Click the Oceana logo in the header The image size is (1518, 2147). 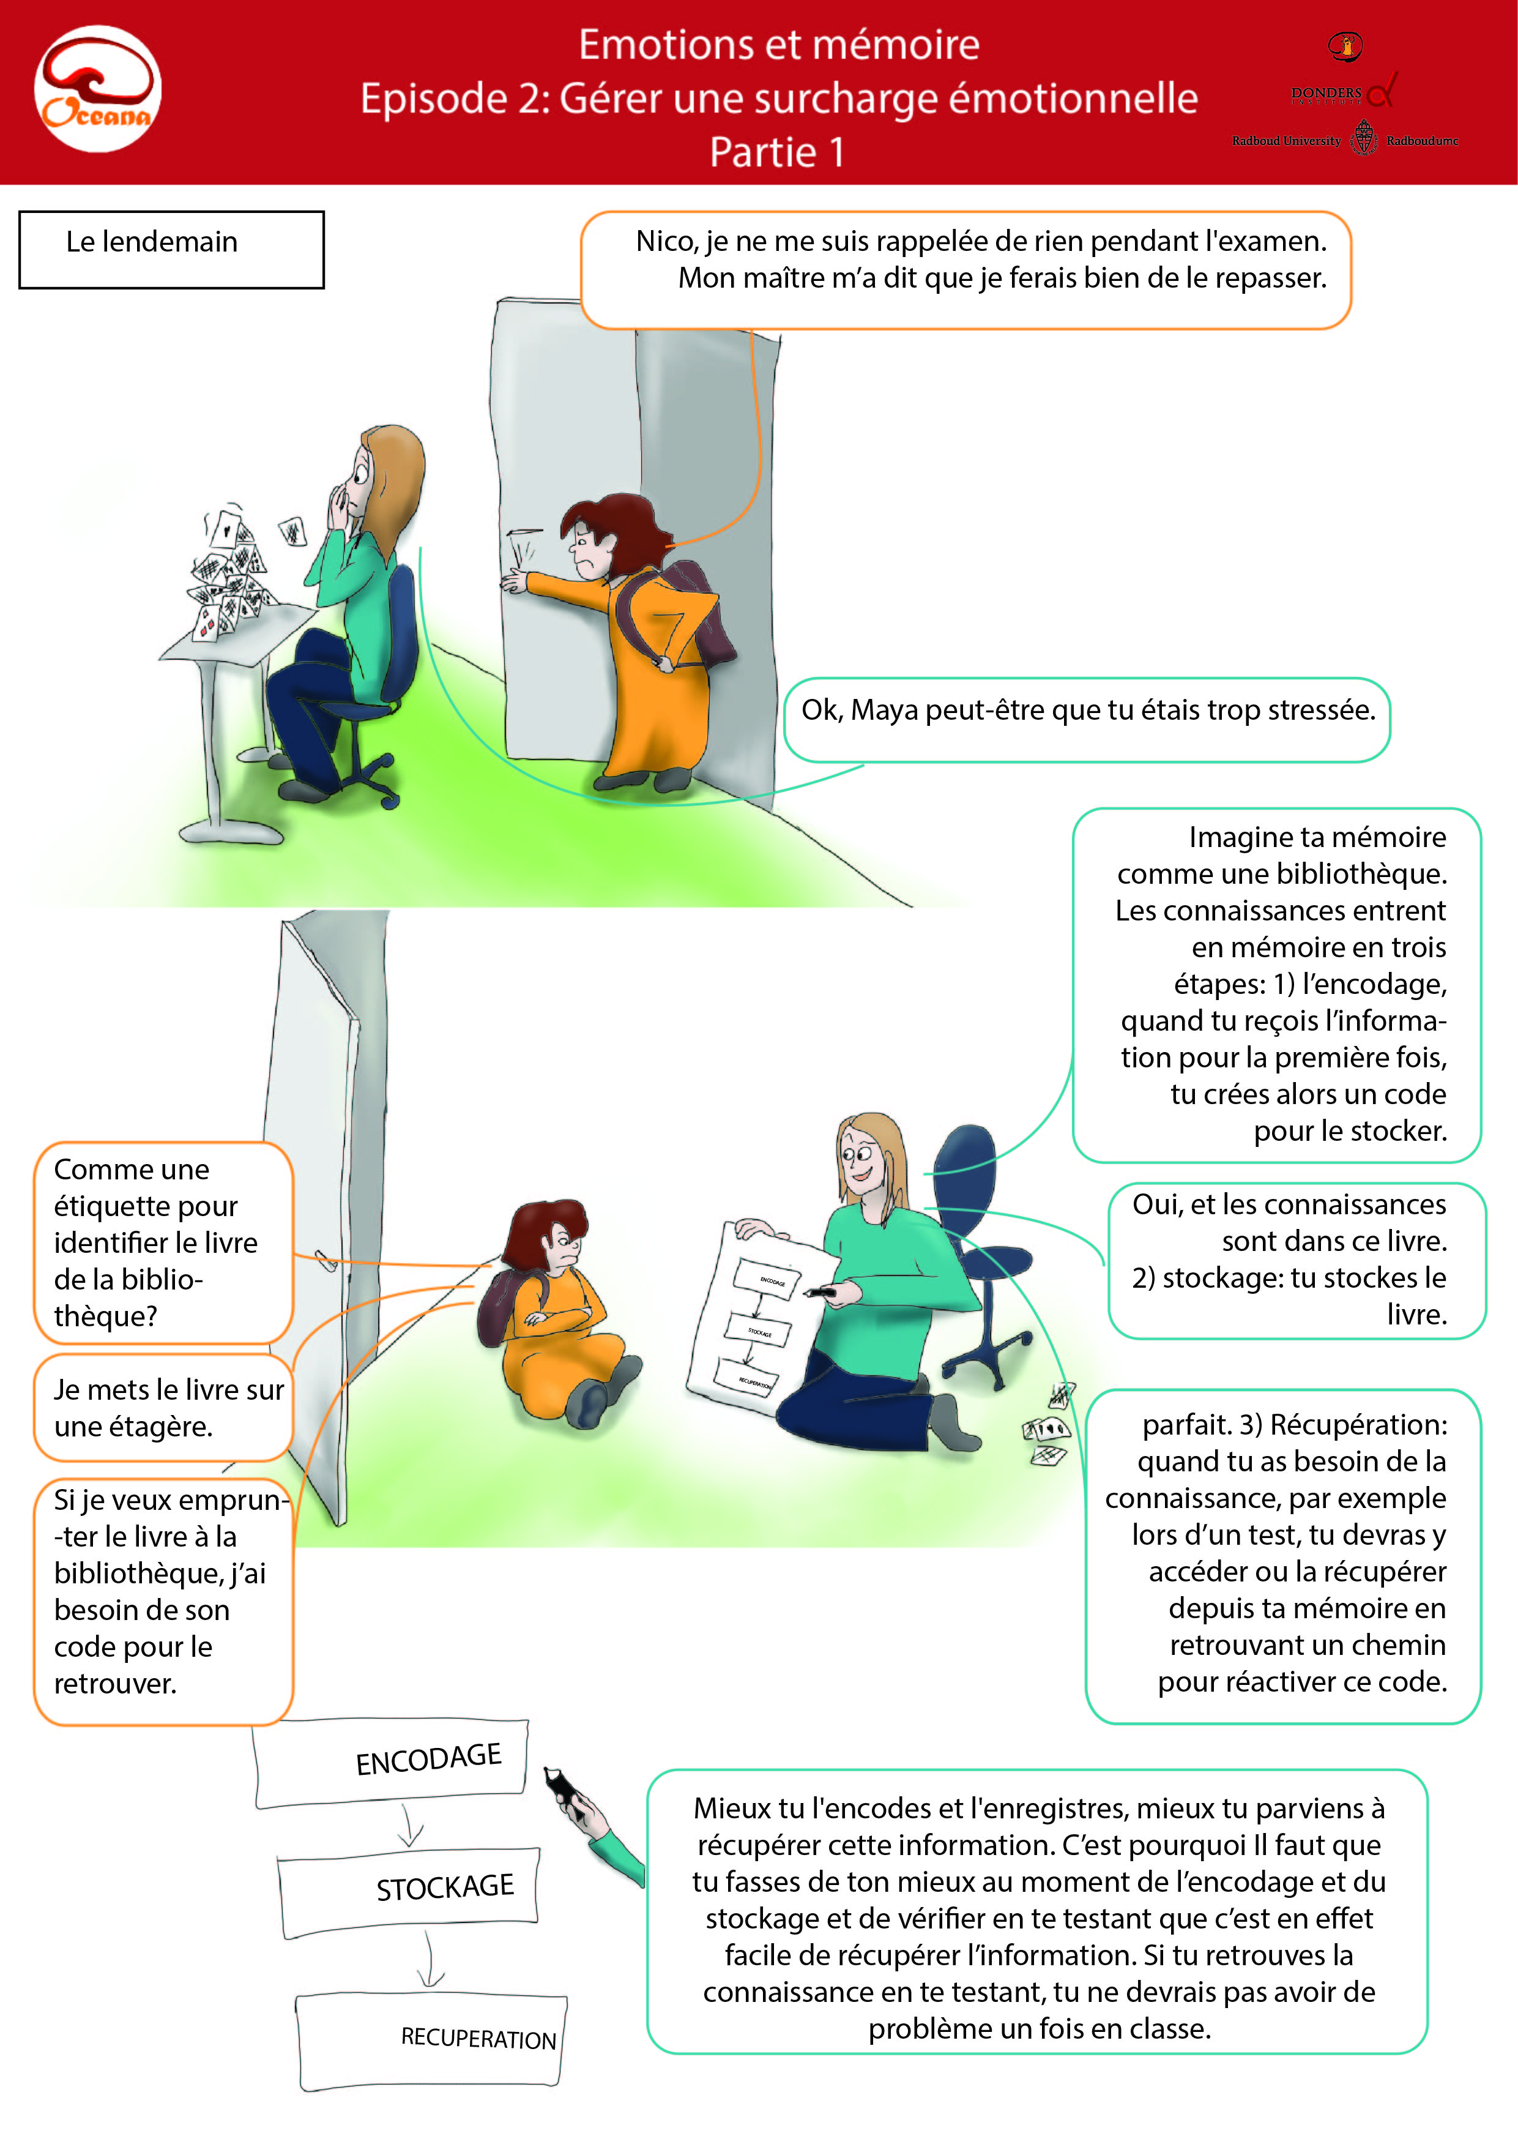(97, 89)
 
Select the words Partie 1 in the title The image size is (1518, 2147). (777, 152)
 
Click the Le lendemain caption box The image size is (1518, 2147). (171, 250)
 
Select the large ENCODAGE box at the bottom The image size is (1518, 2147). (391, 1763)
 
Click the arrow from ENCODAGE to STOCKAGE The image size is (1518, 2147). (409, 1824)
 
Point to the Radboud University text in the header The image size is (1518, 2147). (1286, 141)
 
